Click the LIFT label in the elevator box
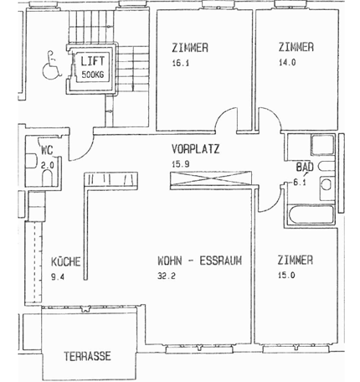pos(90,60)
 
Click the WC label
pos(48,152)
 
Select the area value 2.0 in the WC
pos(48,166)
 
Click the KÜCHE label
pos(65,260)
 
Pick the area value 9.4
pos(58,275)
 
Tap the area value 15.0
pos(286,275)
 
